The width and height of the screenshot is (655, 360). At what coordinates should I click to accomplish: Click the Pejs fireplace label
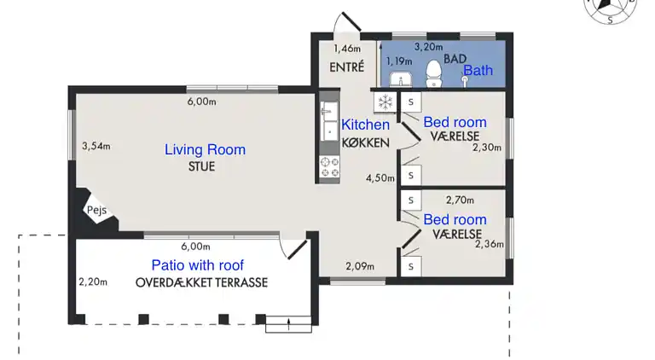96,211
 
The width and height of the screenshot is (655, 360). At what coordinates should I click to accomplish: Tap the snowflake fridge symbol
385,102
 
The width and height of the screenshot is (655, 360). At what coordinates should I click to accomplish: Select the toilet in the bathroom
434,74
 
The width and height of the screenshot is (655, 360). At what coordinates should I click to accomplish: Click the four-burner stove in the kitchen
329,167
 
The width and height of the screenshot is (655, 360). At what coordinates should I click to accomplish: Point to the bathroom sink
401,79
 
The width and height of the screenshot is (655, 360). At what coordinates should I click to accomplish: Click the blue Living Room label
205,149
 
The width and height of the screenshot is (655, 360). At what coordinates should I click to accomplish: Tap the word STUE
202,166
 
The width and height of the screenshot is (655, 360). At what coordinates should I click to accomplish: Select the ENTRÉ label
347,67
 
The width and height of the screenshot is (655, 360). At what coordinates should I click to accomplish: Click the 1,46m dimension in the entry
347,49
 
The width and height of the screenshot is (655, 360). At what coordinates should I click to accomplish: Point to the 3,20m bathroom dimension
429,47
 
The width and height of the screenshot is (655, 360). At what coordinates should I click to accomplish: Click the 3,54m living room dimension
96,146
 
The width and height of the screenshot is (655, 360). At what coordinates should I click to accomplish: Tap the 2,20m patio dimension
93,282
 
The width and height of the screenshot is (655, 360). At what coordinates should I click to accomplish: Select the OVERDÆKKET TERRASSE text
201,282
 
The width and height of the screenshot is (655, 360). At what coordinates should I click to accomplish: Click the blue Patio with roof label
198,265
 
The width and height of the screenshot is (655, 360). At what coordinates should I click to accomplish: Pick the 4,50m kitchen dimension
380,178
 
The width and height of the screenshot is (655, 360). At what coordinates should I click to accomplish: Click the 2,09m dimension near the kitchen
360,266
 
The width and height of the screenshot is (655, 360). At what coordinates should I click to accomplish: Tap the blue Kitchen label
366,125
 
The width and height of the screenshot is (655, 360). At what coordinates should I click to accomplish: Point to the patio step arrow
288,324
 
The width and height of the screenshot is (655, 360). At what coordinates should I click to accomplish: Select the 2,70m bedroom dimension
460,200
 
